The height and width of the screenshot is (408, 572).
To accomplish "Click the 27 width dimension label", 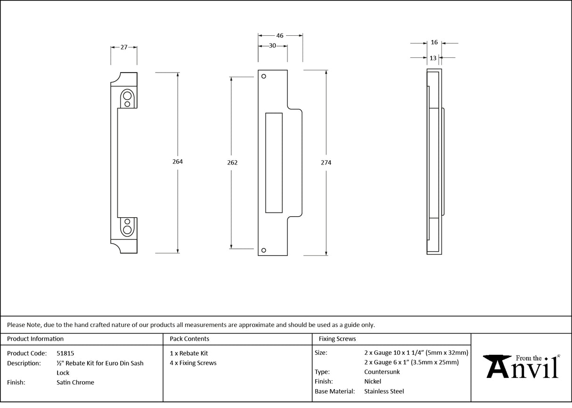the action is (124, 47).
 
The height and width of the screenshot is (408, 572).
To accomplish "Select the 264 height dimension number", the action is (177, 162).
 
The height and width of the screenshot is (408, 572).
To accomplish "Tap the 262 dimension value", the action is (232, 163).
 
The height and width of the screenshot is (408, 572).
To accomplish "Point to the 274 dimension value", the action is (326, 163).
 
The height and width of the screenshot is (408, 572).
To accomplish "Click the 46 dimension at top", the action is (280, 35).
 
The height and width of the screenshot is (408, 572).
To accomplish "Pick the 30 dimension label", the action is (272, 46).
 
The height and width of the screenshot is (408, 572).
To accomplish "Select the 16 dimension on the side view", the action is (434, 42).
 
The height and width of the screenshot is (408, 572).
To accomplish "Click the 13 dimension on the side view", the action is (433, 58).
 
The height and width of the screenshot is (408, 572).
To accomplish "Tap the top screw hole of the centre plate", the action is (264, 76).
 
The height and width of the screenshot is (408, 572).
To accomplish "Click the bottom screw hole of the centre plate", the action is (264, 250).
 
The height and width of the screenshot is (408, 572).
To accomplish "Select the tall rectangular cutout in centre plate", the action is (274, 163).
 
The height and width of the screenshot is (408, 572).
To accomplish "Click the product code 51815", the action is (65, 353).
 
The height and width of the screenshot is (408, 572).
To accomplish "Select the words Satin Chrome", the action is (75, 383).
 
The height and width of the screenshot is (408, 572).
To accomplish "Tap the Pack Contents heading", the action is (189, 339).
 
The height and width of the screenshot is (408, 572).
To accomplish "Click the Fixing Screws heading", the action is (337, 339).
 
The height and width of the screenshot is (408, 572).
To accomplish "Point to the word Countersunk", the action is (382, 372).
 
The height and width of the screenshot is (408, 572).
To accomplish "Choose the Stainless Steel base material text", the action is (384, 391).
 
